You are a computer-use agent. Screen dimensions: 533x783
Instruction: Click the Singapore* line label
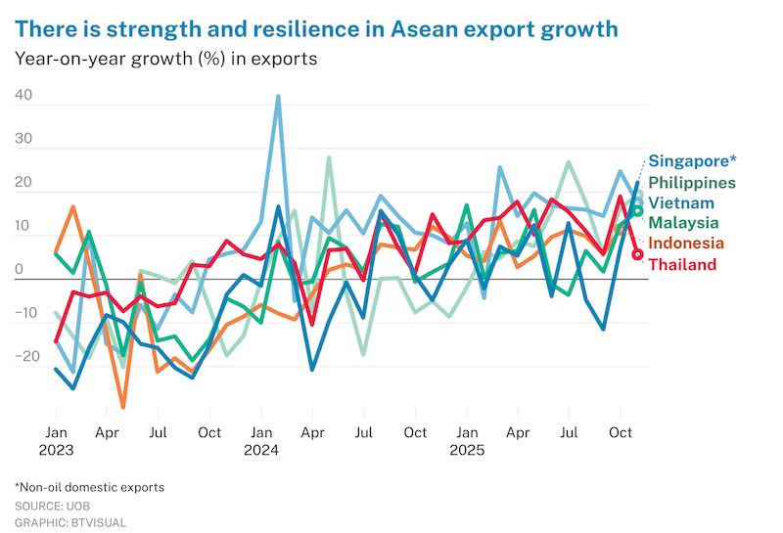coord(692,161)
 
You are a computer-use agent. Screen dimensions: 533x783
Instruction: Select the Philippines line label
coord(691,183)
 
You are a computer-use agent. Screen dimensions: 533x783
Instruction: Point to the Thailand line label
coord(682,265)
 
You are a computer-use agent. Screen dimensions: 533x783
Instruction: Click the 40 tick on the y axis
coord(23,97)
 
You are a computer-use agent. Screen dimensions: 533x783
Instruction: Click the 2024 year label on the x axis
coord(261,451)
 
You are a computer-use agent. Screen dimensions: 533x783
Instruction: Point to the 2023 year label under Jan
coord(57,451)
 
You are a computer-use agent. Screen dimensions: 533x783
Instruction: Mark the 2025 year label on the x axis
coord(468,451)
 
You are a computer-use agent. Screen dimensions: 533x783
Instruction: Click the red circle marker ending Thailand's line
coord(638,254)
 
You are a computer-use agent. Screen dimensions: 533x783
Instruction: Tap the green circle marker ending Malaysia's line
coord(637,210)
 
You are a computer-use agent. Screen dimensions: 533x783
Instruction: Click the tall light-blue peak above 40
coord(278,97)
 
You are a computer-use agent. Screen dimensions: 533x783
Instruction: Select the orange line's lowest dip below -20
coord(123,407)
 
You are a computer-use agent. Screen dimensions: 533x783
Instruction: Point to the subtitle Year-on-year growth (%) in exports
coord(165,58)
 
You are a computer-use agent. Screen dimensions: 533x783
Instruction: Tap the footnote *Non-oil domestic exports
coord(89,487)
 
